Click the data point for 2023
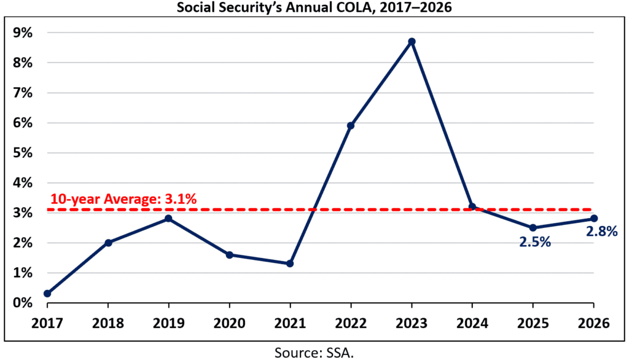(x=412, y=41)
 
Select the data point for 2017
(x=47, y=294)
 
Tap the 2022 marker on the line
(x=351, y=125)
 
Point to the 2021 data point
(x=290, y=264)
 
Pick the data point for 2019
(x=168, y=218)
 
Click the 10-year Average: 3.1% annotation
(x=123, y=199)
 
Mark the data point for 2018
(x=108, y=243)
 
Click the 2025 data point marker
(x=533, y=227)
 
